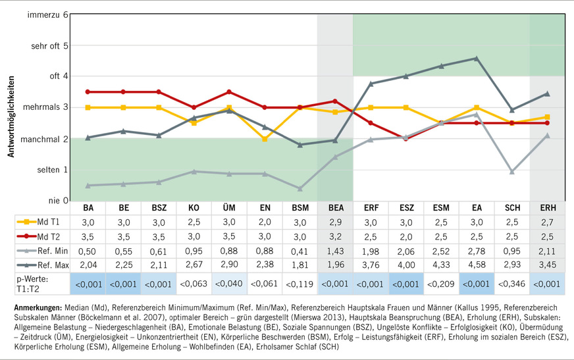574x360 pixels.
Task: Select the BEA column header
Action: (x=335, y=208)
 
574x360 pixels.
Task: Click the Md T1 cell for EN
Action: (x=264, y=223)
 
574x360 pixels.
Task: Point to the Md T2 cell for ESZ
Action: (x=405, y=238)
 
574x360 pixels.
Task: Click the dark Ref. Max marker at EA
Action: (x=476, y=59)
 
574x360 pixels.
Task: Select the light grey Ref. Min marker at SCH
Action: (x=511, y=171)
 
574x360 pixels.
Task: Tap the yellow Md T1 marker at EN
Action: (x=264, y=139)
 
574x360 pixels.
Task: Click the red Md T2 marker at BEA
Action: (x=335, y=101)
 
